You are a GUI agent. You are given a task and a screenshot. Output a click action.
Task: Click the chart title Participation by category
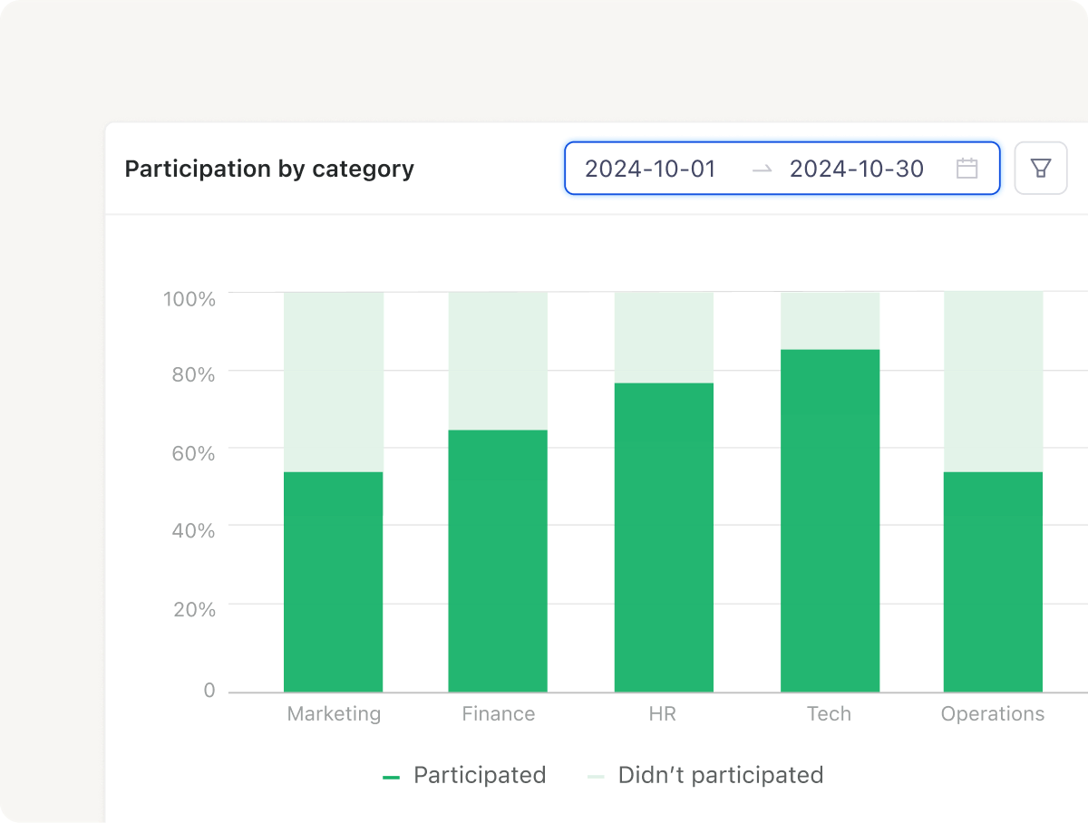269,169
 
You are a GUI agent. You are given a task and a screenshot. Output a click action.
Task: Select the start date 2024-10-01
650,169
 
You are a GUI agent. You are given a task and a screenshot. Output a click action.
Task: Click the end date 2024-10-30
857,169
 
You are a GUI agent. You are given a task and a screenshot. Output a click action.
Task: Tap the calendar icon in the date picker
967,169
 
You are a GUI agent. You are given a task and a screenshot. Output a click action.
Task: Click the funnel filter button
1041,169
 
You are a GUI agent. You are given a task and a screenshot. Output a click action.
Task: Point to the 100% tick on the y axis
189,299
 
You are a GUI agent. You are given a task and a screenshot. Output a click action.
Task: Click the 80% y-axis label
193,375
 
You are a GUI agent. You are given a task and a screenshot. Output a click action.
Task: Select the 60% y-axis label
193,453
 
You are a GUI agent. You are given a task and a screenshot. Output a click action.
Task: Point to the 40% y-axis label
193,530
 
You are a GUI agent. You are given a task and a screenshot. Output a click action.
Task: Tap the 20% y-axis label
194,609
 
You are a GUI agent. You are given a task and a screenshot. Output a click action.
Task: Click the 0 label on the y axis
209,690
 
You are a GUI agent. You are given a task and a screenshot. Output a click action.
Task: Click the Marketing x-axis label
334,714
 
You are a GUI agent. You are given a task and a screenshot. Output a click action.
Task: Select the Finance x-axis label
499,714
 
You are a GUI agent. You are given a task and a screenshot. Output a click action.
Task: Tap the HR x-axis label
663,714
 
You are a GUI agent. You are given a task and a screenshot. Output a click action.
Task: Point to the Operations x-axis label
993,714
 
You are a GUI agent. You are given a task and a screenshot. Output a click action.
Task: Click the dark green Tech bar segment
831,521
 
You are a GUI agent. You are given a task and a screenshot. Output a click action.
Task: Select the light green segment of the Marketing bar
334,382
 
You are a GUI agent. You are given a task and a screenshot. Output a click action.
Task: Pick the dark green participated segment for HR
665,537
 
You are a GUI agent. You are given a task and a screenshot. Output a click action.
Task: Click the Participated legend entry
464,776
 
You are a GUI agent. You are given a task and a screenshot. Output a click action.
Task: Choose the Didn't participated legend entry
704,776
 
